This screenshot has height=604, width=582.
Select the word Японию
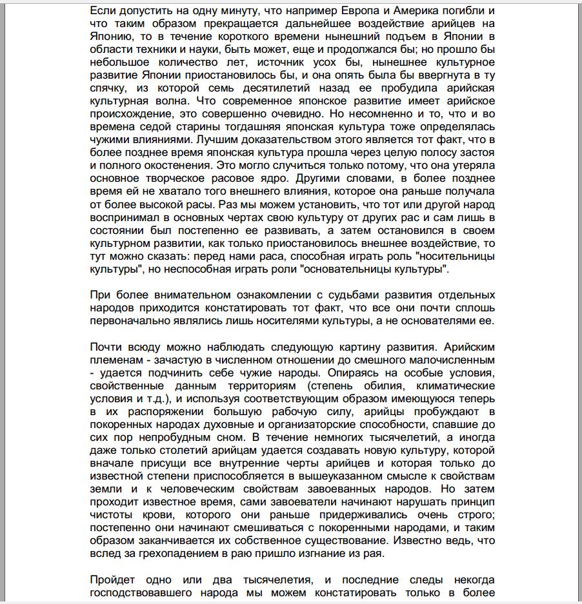[x=110, y=37]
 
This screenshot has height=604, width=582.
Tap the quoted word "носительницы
[x=455, y=256]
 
